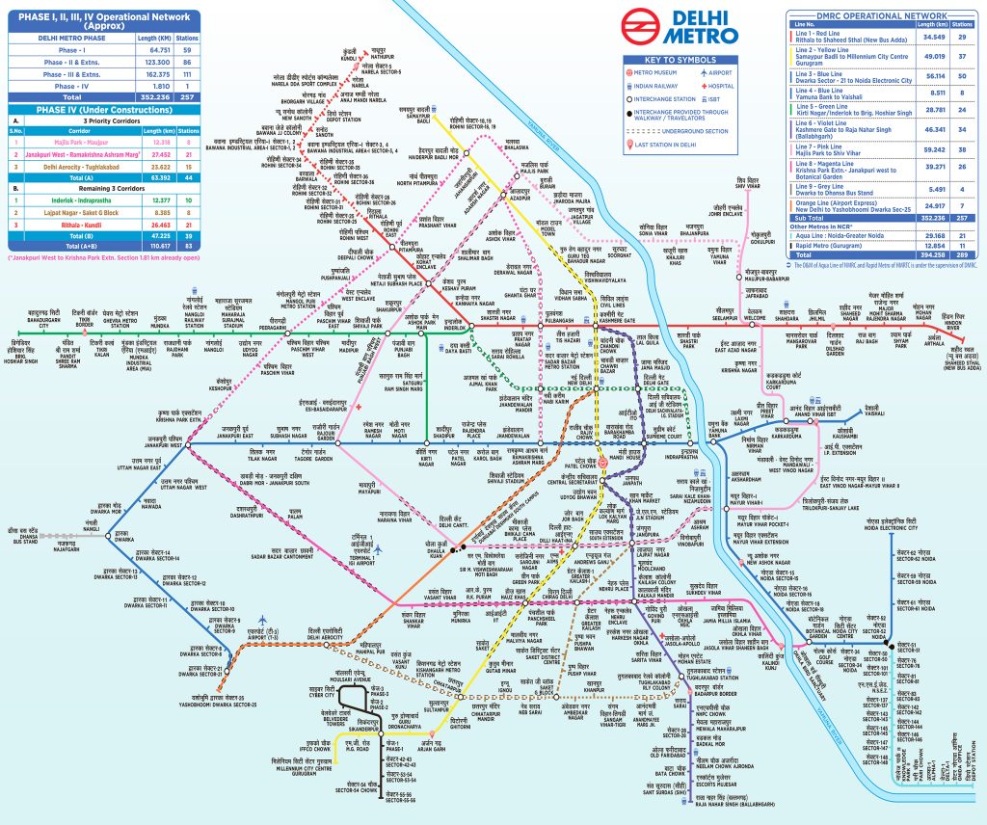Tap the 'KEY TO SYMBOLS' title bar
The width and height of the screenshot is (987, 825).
(689, 60)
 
